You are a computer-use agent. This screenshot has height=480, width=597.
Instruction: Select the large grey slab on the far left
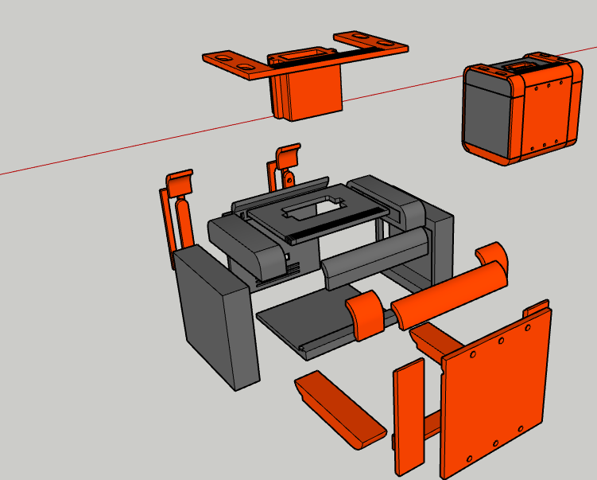click(215, 318)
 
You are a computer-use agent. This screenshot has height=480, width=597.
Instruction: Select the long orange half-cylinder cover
click(450, 295)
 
